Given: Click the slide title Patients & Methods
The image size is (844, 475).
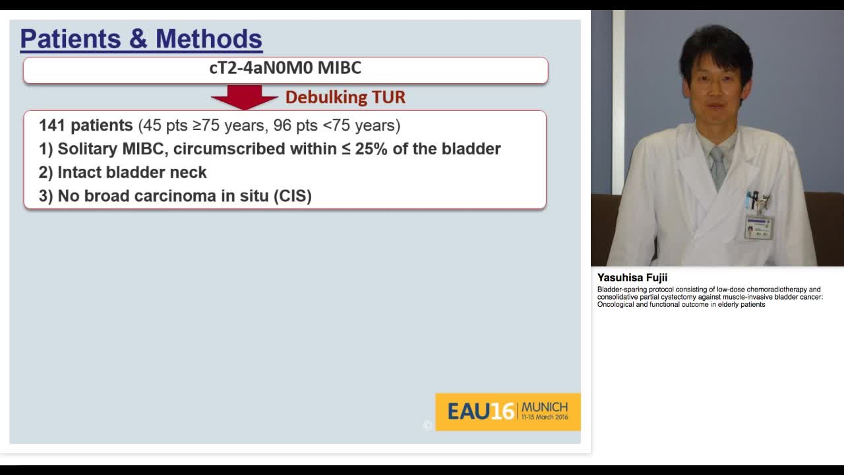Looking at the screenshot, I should pyautogui.click(x=141, y=40).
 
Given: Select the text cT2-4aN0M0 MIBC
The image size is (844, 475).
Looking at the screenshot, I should pyautogui.click(x=285, y=68).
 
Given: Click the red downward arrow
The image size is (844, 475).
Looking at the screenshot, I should pyautogui.click(x=244, y=97).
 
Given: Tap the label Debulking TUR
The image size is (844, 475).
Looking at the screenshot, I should pyautogui.click(x=345, y=98).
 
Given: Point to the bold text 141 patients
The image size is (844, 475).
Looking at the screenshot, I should pyautogui.click(x=86, y=125).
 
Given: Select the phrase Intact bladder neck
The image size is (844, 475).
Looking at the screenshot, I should pyautogui.click(x=132, y=173).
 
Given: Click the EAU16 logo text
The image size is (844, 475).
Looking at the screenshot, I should pyautogui.click(x=480, y=412).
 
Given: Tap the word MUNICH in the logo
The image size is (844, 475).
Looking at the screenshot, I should pyautogui.click(x=544, y=406).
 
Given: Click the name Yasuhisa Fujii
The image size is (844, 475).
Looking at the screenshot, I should pyautogui.click(x=632, y=278).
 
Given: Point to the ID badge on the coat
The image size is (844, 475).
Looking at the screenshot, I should pyautogui.click(x=758, y=227).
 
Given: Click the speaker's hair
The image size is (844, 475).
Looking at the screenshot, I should pyautogui.click(x=715, y=46).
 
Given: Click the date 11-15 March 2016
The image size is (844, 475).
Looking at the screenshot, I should pyautogui.click(x=544, y=418).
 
